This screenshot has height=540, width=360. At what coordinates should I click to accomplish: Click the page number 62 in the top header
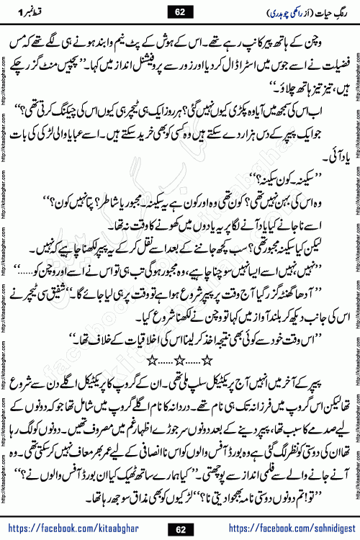pos(179,12)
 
